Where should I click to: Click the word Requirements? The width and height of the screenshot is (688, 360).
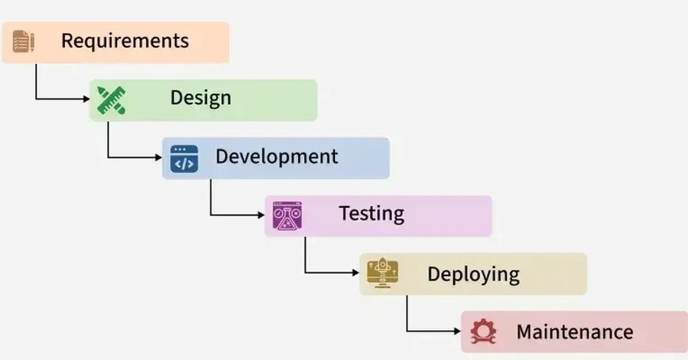[124, 41]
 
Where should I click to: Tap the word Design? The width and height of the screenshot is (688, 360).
[200, 97]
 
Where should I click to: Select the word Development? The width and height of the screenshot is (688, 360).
[276, 156]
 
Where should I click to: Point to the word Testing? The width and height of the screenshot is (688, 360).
[372, 213]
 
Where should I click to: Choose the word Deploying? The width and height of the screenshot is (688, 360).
[473, 274]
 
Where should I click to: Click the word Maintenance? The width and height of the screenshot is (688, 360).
[574, 332]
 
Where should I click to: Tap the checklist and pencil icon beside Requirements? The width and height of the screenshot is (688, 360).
[24, 42]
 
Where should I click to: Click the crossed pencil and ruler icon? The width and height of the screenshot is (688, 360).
[111, 100]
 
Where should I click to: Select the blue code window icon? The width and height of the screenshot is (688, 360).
[184, 159]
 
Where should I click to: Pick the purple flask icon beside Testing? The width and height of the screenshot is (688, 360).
[287, 216]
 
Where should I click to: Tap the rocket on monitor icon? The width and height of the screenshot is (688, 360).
[383, 273]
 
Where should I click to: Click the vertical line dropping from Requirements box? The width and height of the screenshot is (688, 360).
[36, 81]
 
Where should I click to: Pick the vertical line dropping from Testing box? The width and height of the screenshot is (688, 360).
[304, 255]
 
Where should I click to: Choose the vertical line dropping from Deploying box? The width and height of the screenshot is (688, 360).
[407, 313]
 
